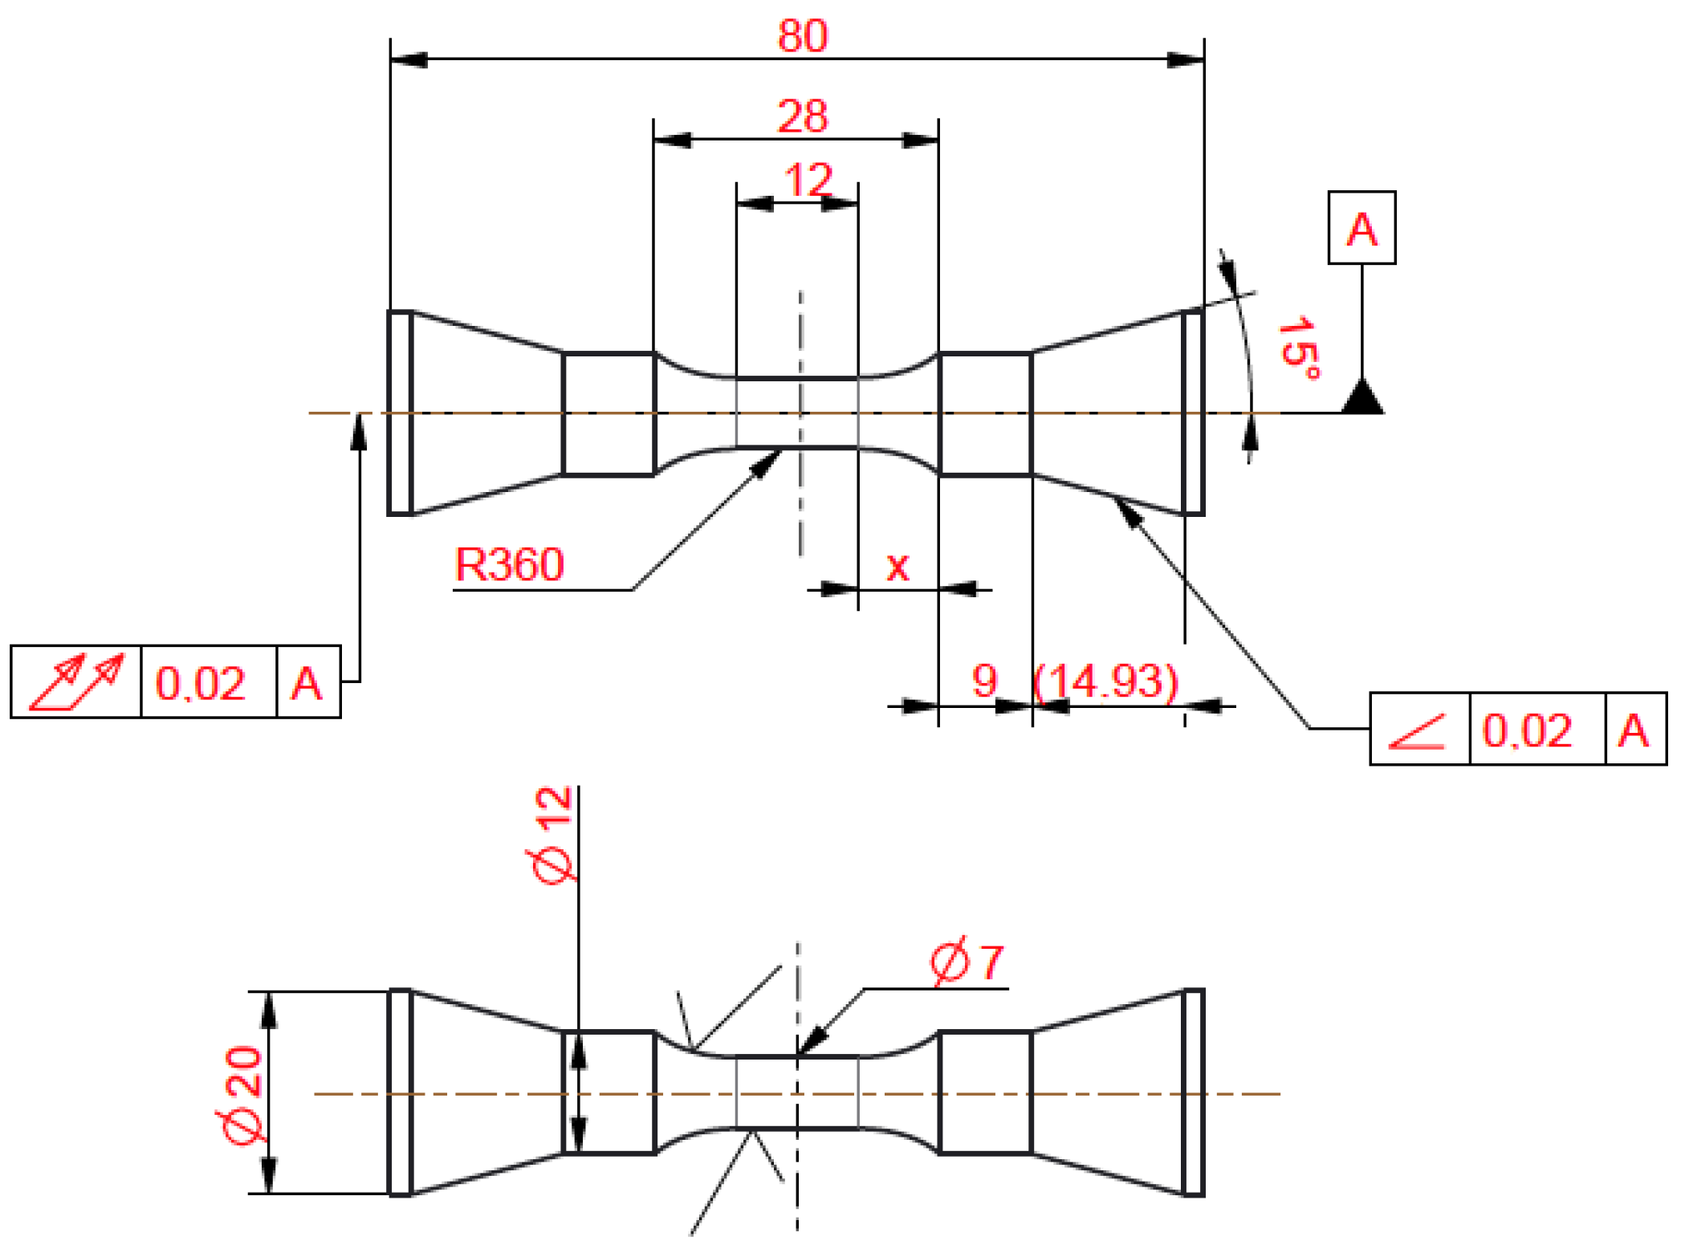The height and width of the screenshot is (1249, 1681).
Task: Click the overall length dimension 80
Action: click(802, 36)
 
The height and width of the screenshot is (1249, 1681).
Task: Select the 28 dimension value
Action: click(802, 116)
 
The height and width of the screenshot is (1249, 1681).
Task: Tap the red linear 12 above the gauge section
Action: click(808, 179)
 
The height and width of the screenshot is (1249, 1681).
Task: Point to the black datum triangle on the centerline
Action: click(1361, 398)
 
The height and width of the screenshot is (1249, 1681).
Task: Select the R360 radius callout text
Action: click(509, 564)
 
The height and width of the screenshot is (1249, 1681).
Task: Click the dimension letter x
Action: click(897, 567)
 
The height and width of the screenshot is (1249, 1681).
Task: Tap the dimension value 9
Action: click(984, 680)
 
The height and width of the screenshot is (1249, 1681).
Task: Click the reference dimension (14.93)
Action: click(1106, 681)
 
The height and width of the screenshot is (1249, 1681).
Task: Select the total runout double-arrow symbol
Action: click(76, 682)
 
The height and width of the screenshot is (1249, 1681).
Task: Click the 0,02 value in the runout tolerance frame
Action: click(200, 684)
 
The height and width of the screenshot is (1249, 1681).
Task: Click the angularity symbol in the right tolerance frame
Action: click(1418, 731)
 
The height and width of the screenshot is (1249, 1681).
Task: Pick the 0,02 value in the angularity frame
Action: click(1526, 731)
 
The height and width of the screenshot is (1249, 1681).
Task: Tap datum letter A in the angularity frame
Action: click(1633, 731)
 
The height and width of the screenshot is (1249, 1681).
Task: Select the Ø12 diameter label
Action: click(552, 835)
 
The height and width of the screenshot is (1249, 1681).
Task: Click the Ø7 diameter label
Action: click(967, 962)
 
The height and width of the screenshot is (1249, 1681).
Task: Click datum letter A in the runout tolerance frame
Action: click(307, 684)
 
